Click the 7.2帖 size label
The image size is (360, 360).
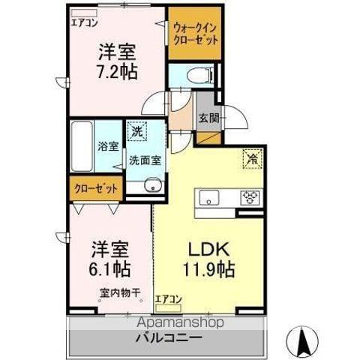(115, 73)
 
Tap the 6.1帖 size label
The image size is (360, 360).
(109, 266)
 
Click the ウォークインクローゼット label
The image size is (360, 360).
(194, 33)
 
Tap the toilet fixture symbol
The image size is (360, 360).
(197, 74)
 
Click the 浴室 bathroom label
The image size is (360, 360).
(108, 146)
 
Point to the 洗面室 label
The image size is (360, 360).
(143, 160)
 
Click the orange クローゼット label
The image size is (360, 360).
(95, 188)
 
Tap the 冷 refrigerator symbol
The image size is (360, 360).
(253, 158)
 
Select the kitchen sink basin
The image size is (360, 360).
(207, 198)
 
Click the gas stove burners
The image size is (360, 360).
(249, 197)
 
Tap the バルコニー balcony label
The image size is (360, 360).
(168, 337)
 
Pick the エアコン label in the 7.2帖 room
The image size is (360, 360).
(84, 22)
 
